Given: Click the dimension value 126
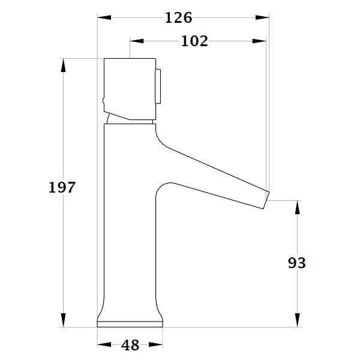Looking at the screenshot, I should (x=178, y=18).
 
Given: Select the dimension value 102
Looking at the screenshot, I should (x=194, y=41).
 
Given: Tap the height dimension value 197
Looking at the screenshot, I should (x=62, y=187).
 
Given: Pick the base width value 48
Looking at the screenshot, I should (x=130, y=345).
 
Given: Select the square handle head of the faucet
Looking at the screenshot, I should (x=129, y=87).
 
